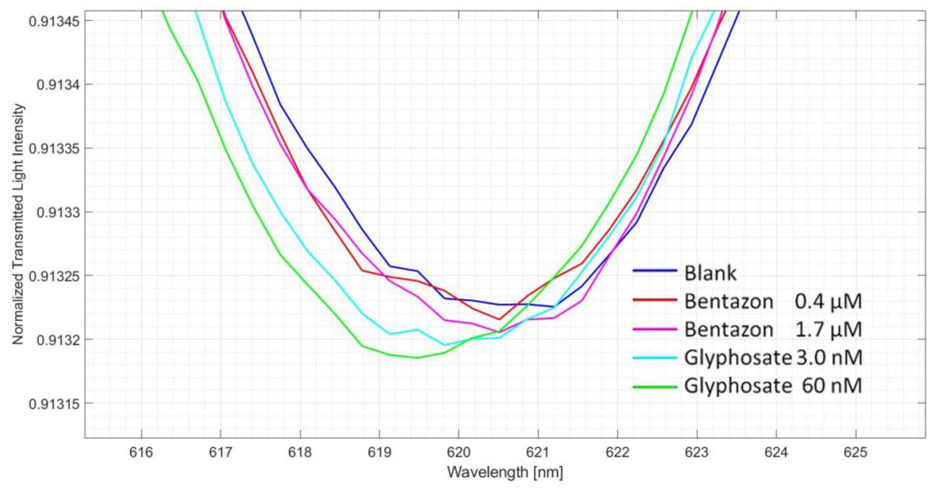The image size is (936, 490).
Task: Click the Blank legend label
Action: click(x=710, y=273)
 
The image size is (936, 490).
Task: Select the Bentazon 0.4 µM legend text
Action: click(x=773, y=301)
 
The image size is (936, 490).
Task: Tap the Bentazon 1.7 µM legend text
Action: click(x=773, y=329)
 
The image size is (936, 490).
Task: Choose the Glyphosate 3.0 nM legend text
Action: click(x=773, y=358)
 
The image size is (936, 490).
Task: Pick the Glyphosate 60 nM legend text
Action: click(x=773, y=386)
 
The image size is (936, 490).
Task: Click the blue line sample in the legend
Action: click(x=655, y=271)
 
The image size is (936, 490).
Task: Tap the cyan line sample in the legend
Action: click(x=655, y=358)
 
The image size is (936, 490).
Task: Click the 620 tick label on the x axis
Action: click(x=459, y=453)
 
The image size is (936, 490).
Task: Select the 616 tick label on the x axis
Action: click(x=141, y=453)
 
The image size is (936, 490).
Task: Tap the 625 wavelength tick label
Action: click(x=855, y=453)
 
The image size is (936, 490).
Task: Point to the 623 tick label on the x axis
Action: click(x=696, y=453)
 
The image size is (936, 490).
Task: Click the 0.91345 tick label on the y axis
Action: click(x=54, y=21)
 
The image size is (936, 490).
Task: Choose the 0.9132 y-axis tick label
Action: click(x=58, y=340)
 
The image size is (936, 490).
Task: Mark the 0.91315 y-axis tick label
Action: click(x=54, y=404)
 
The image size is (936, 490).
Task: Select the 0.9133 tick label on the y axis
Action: click(x=58, y=212)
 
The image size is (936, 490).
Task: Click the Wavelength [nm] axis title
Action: click(x=505, y=472)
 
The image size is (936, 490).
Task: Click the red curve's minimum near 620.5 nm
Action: click(x=499, y=320)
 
